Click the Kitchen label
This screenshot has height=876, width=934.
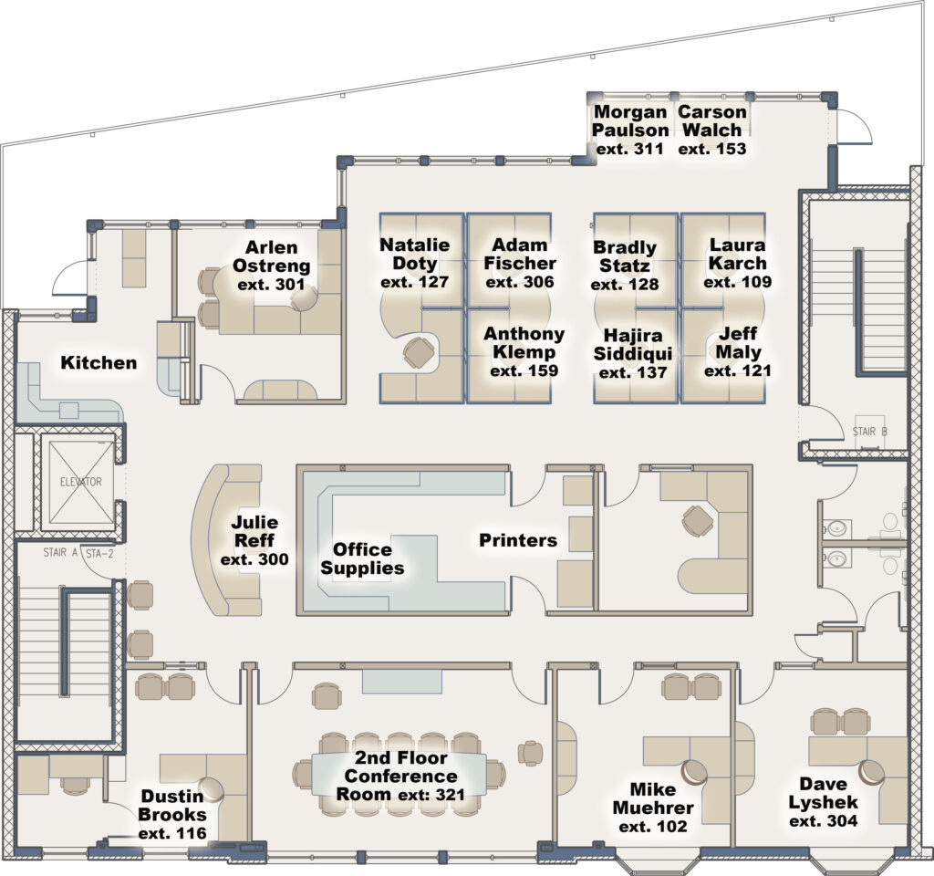99,363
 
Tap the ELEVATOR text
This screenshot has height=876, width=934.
80,482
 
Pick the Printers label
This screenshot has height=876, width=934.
518,540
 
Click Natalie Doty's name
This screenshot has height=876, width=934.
415,255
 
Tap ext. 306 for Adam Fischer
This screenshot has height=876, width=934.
520,282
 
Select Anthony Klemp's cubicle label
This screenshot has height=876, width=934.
524,343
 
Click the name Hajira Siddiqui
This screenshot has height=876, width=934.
632,344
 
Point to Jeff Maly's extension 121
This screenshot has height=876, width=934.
737,370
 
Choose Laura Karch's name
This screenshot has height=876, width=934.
737,255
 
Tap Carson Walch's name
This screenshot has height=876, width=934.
712,121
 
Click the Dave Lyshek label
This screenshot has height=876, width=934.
823,794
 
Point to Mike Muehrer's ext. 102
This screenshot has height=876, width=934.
652,827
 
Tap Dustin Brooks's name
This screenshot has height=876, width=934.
173,805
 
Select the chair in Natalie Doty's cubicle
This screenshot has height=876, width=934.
419,352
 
